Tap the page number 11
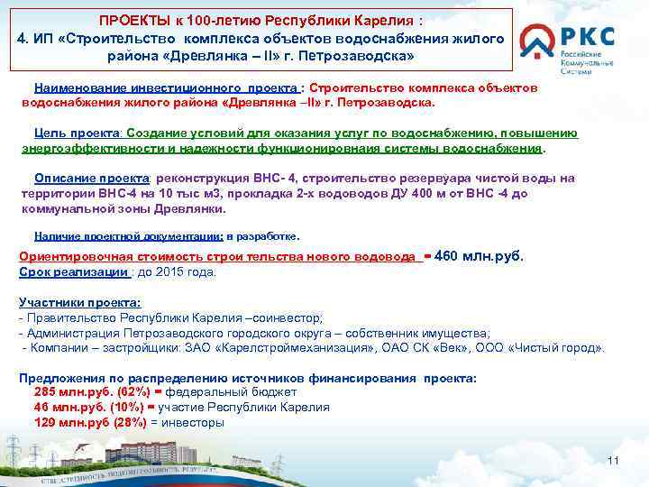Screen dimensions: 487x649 (614, 462)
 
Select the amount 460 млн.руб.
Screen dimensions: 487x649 (479, 256)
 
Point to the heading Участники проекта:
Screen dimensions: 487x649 (79, 303)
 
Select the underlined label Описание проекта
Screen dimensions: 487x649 (82, 179)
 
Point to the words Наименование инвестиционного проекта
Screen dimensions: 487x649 (167, 88)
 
